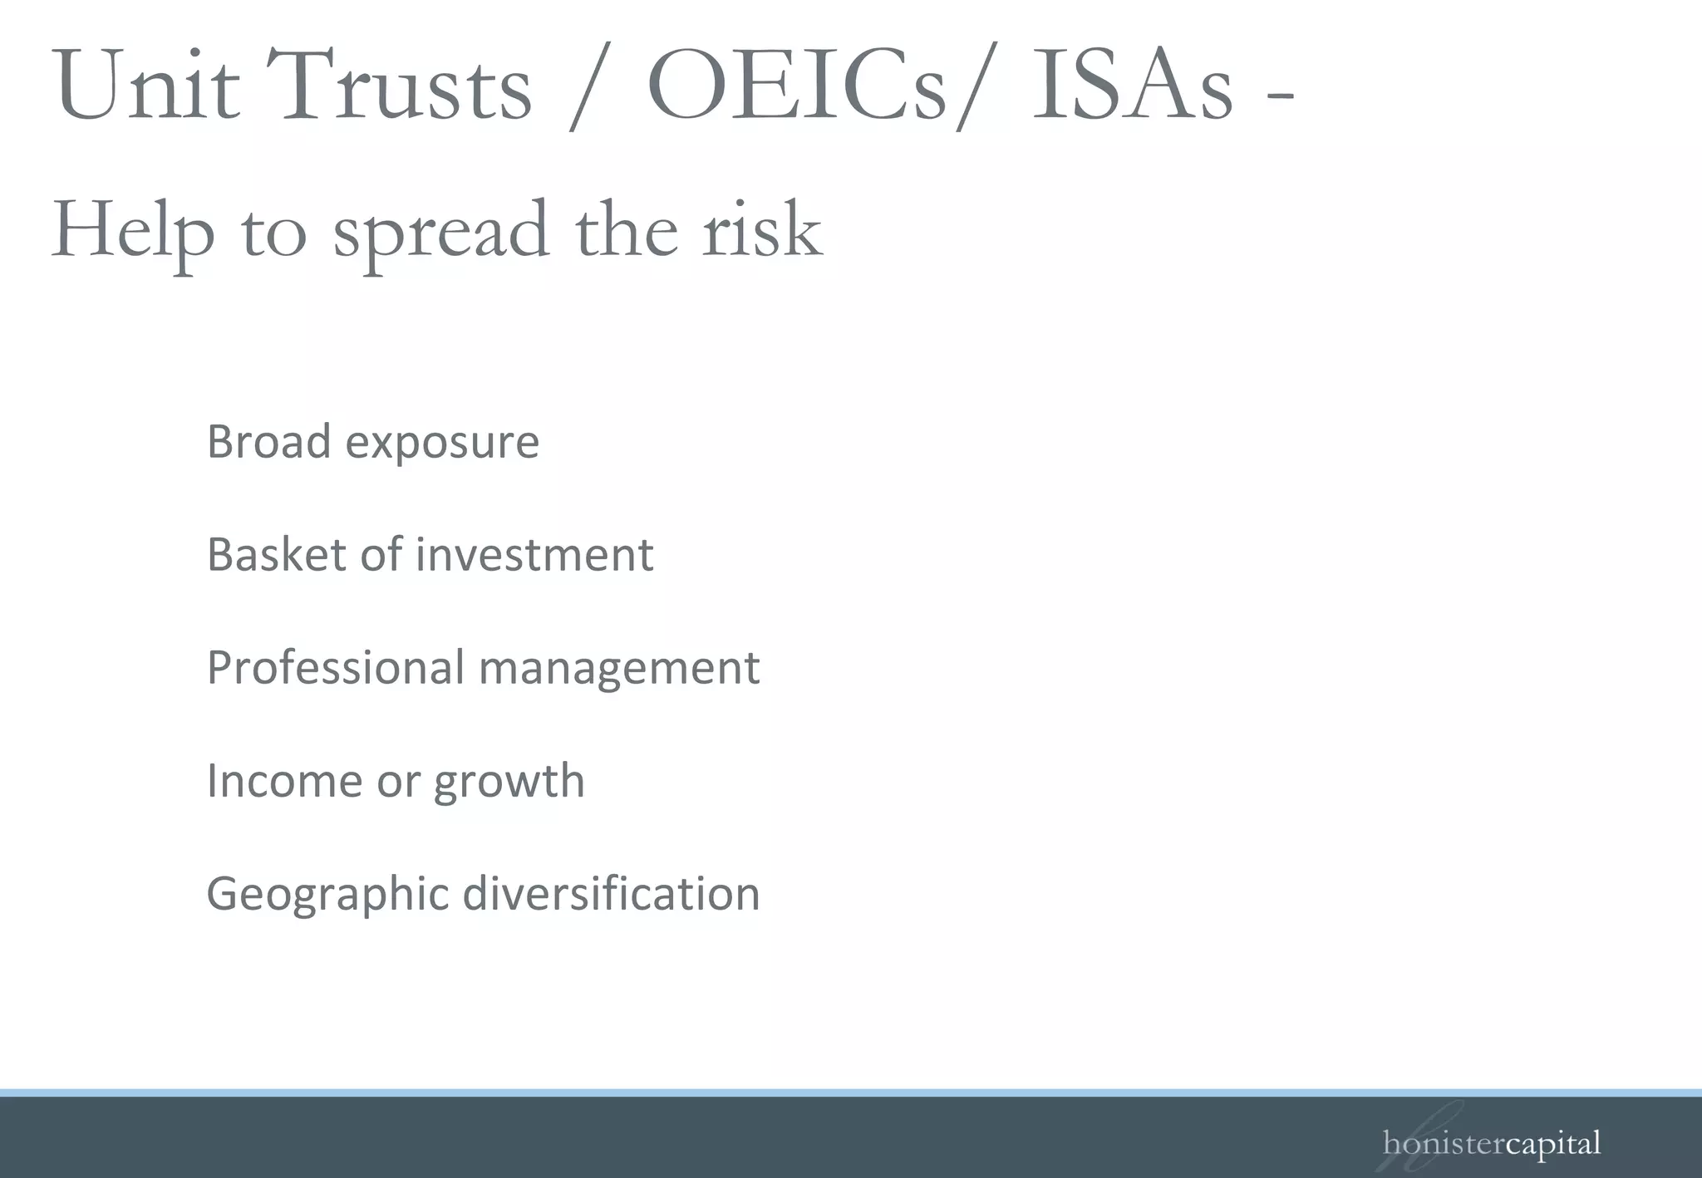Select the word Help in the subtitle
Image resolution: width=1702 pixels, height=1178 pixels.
coord(133,230)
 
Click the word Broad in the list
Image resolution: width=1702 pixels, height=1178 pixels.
coord(268,441)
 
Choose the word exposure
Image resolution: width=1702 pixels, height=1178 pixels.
coord(442,443)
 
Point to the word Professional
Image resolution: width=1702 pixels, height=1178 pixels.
coord(335,667)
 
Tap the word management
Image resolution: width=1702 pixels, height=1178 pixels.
coord(619,669)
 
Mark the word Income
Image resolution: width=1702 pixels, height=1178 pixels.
coord(283,781)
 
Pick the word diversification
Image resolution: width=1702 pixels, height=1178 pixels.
coord(611,894)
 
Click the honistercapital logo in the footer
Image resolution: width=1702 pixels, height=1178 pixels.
coord(1492,1144)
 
